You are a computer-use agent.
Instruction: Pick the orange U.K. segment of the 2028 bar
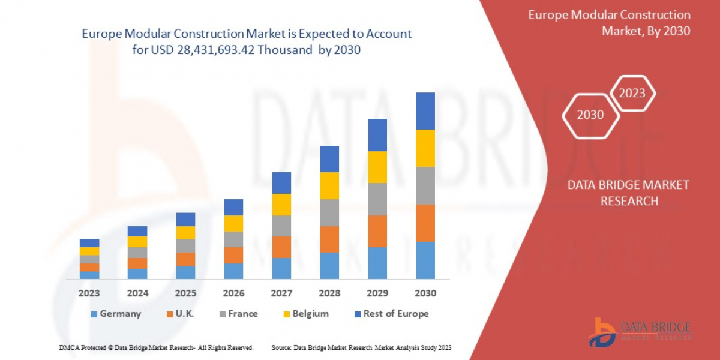click(329, 239)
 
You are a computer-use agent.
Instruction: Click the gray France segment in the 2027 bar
click(281, 226)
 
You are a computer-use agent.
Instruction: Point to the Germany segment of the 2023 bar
click(89, 275)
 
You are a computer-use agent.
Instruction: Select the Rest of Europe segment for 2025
click(185, 219)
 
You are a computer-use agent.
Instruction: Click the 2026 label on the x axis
click(233, 293)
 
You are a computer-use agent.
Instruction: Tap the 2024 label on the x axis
click(137, 293)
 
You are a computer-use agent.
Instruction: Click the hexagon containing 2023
click(632, 93)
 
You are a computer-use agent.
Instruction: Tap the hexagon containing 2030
click(590, 115)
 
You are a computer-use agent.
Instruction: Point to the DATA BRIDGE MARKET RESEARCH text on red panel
click(628, 193)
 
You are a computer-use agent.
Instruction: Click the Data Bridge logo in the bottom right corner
click(640, 332)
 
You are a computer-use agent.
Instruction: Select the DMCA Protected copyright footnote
click(156, 347)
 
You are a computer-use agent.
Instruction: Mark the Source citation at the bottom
click(361, 347)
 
